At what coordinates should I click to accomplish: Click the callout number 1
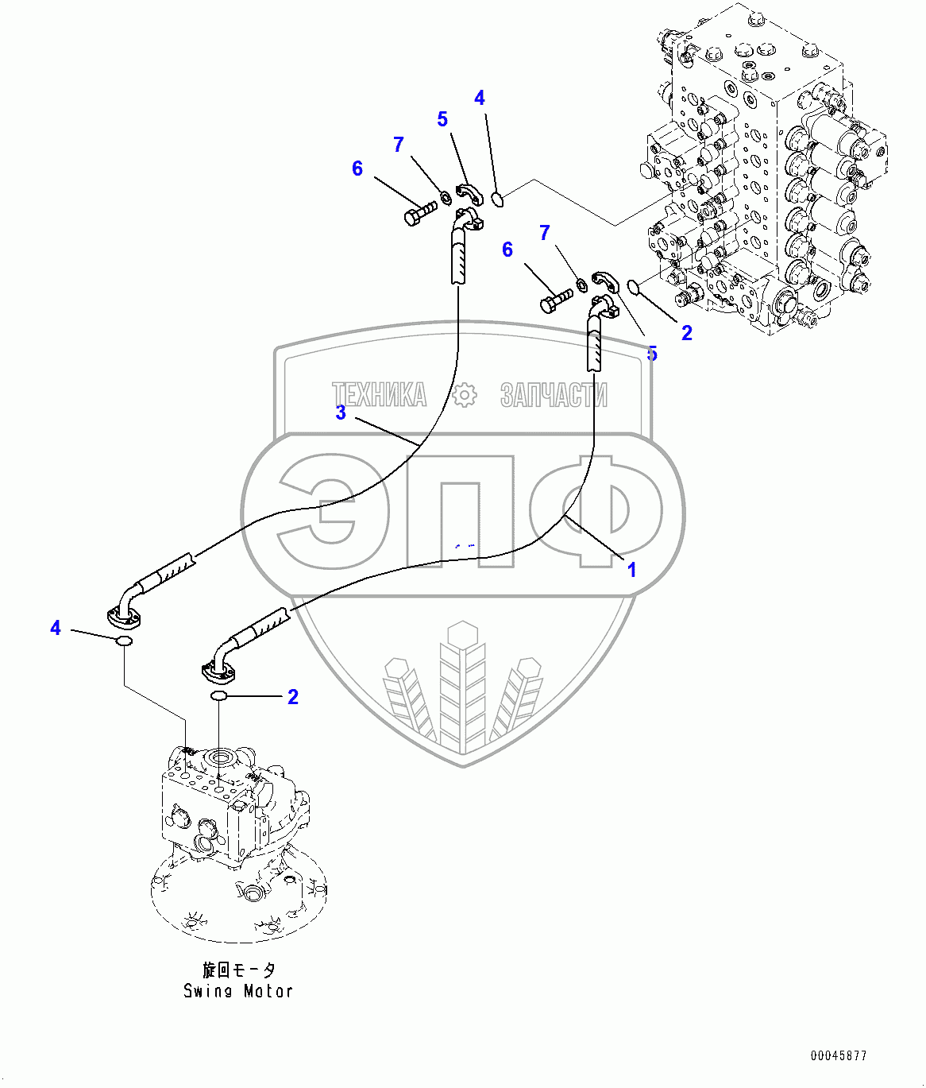[631, 570]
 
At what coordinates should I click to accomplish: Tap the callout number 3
[341, 412]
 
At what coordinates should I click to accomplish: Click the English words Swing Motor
[237, 992]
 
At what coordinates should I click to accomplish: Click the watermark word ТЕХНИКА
[380, 395]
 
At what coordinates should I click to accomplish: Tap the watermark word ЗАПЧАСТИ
[554, 395]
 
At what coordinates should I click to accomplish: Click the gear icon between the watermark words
[464, 395]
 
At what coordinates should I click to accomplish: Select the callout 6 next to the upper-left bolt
[357, 168]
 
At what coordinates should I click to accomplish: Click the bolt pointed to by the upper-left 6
[421, 213]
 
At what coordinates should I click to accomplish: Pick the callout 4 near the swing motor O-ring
[56, 627]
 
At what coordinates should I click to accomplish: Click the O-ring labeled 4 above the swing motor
[124, 641]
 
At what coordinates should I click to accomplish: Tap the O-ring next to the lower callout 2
[218, 696]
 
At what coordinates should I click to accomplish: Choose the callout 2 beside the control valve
[687, 333]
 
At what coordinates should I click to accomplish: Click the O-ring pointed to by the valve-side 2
[634, 288]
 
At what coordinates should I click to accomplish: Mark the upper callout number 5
[442, 119]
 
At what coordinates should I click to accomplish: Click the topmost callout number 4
[480, 98]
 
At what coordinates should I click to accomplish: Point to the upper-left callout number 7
[399, 144]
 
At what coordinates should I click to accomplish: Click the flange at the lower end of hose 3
[124, 618]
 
